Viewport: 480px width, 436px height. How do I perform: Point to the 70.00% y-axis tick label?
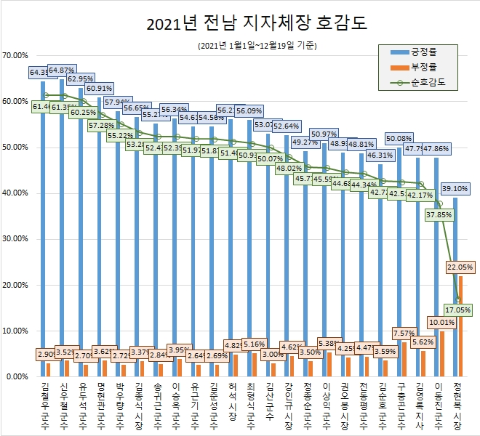(15, 55)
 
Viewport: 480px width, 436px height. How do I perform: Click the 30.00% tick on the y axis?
(15, 239)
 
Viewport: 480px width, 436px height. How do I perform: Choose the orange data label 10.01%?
(441, 322)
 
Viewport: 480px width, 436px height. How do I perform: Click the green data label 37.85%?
(439, 215)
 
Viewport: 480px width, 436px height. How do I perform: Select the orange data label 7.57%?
(403, 334)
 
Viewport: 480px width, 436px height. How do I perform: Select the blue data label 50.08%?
(399, 137)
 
